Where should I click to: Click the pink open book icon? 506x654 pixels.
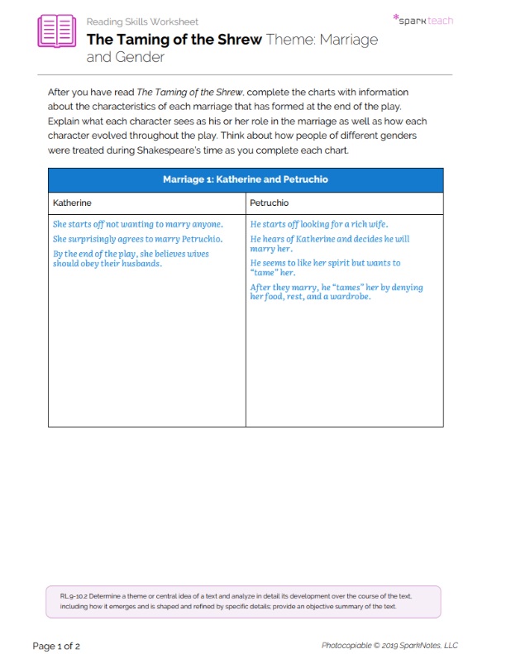(56, 31)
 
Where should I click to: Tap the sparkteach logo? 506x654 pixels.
(422, 19)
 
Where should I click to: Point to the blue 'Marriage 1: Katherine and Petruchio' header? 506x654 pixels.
(246, 179)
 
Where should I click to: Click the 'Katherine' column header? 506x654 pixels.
(72, 203)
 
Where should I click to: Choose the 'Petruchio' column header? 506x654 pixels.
(270, 203)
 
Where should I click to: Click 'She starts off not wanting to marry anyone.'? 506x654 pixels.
(138, 224)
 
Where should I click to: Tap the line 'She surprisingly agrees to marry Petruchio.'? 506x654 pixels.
(137, 239)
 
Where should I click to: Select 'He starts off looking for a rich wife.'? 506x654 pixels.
(319, 224)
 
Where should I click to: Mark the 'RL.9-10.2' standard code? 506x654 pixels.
(75, 595)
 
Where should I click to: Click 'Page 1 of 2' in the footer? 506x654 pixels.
(56, 645)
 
